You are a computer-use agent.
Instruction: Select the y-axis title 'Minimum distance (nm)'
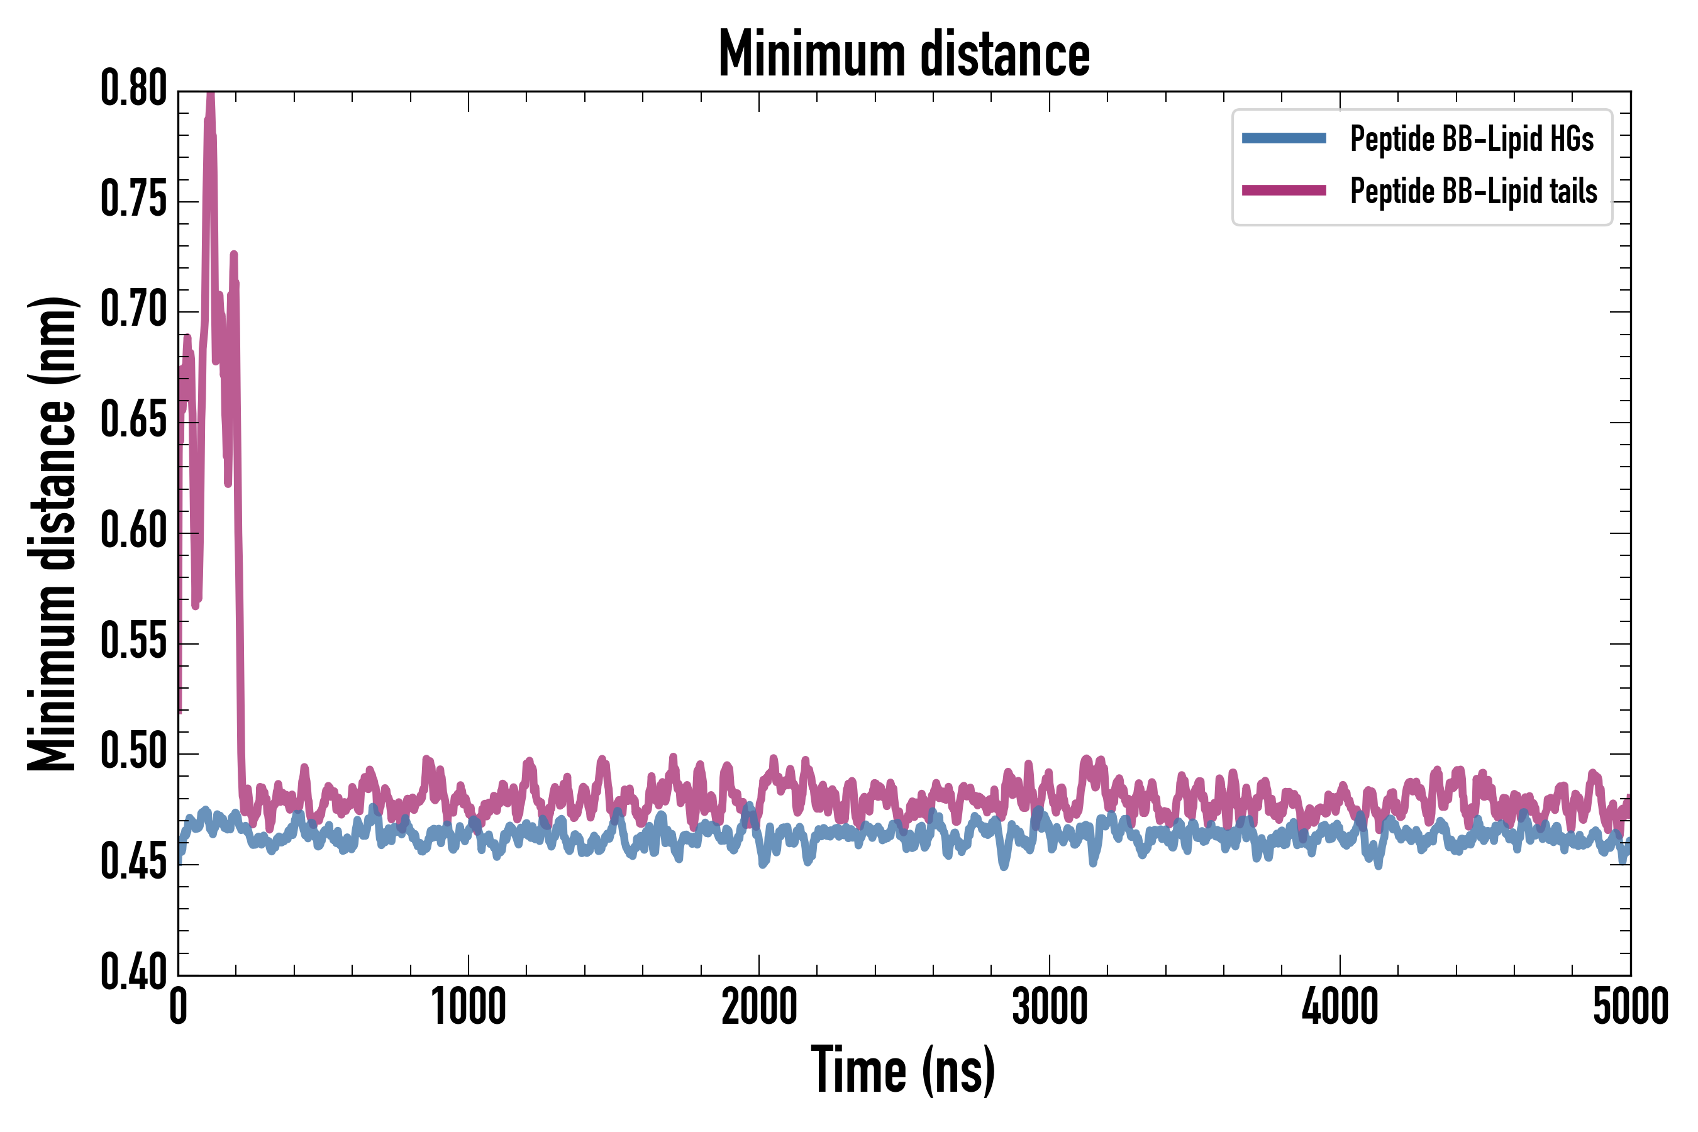(52, 533)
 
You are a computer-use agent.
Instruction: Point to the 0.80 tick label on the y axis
(133, 89)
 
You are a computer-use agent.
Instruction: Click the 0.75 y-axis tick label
(133, 200)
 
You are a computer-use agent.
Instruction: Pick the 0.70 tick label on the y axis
(133, 311)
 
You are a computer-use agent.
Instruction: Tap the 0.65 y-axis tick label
(133, 421)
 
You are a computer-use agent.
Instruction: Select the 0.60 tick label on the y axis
(133, 532)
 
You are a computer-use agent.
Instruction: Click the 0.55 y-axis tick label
(133, 643)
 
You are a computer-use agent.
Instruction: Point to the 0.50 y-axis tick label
(133, 753)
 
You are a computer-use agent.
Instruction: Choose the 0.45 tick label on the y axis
(133, 863)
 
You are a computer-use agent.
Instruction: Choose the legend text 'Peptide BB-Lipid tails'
(1473, 191)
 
